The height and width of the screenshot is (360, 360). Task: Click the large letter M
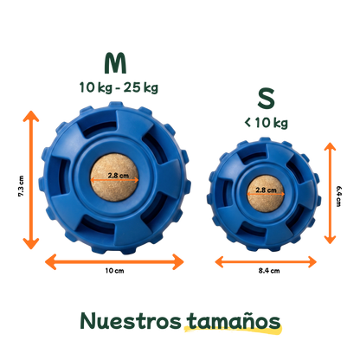pyautogui.click(x=115, y=63)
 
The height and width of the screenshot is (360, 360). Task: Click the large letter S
pyautogui.click(x=266, y=99)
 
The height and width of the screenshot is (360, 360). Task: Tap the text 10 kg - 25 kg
pyautogui.click(x=119, y=87)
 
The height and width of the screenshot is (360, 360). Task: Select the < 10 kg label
pyautogui.click(x=266, y=123)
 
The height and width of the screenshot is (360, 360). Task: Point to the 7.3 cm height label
pyautogui.click(x=21, y=186)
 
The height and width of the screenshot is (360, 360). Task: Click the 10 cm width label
pyautogui.click(x=114, y=271)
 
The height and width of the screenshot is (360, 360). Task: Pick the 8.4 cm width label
pyautogui.click(x=269, y=271)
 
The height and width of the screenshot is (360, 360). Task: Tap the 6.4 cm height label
pyautogui.click(x=338, y=196)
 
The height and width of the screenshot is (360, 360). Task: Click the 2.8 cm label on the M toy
pyautogui.click(x=119, y=175)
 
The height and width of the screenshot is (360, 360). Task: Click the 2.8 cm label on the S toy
pyautogui.click(x=266, y=190)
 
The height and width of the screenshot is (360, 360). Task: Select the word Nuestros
pyautogui.click(x=131, y=321)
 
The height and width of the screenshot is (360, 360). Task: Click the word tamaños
pyautogui.click(x=234, y=321)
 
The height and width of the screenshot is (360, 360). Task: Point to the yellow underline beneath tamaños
pyautogui.click(x=233, y=331)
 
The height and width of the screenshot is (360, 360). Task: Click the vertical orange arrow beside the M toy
pyautogui.click(x=31, y=180)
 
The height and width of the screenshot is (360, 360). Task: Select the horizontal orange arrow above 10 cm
pyautogui.click(x=114, y=262)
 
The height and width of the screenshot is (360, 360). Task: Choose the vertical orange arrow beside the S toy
pyautogui.click(x=330, y=193)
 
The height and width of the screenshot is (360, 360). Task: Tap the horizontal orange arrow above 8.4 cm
pyautogui.click(x=266, y=262)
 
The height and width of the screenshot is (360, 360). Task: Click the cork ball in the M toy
pyautogui.click(x=114, y=177)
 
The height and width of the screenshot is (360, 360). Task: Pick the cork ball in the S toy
pyautogui.click(x=266, y=194)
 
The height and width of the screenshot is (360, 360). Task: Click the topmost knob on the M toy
pyautogui.click(x=116, y=105)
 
